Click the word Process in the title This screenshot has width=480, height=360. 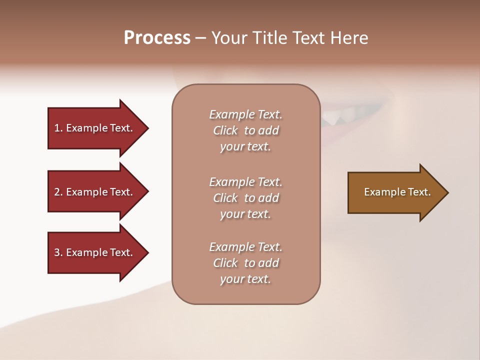coord(157,38)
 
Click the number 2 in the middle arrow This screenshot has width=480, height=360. coord(57,192)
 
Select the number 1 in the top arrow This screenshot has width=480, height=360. coord(57,128)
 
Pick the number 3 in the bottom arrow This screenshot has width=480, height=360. coord(57,252)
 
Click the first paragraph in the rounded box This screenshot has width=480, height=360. coord(245,130)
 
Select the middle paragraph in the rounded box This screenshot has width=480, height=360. coord(245,197)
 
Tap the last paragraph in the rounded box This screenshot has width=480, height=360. coord(245,263)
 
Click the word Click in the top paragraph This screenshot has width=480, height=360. coord(225,131)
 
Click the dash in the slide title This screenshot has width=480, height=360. coord(201,38)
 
